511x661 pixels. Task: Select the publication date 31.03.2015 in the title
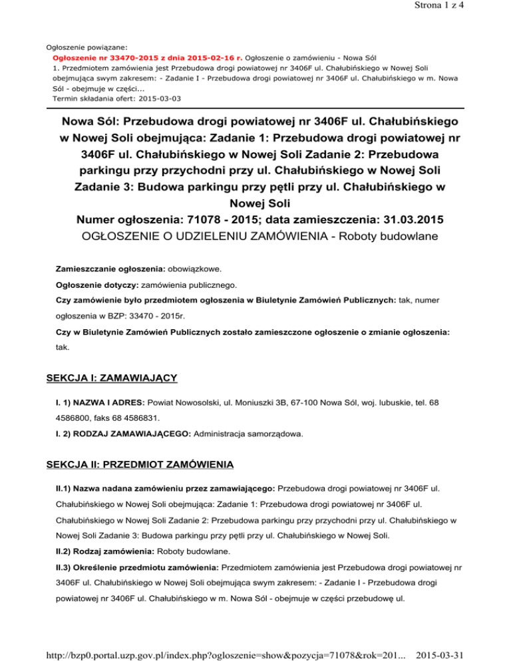click(400, 218)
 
